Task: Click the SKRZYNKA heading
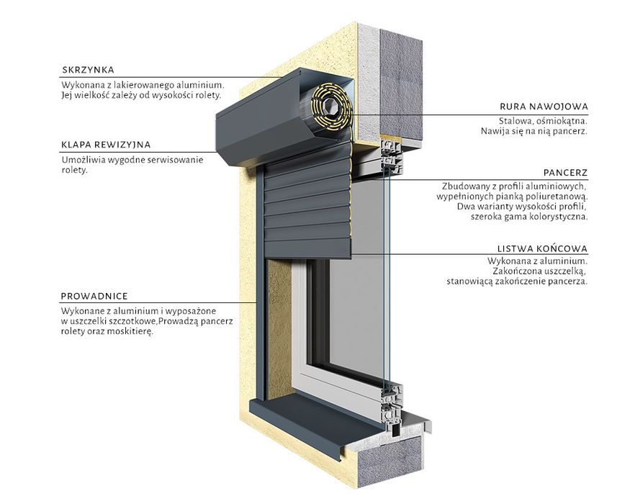88,70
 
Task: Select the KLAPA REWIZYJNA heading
106,145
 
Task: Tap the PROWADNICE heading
94,297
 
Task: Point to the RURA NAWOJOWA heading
544,107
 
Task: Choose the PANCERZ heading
566,173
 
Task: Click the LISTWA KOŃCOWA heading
542,249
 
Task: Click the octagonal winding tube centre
332,106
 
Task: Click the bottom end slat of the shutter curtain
308,248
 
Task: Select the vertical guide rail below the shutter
261,330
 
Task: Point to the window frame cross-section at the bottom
392,410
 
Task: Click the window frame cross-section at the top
392,157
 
